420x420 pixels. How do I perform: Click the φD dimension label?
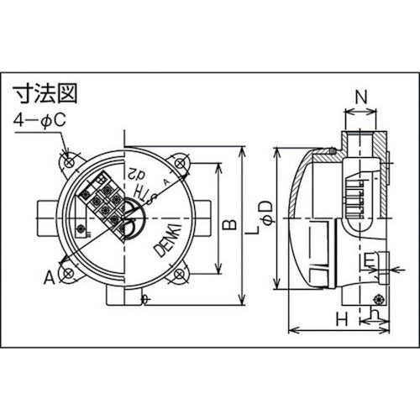point(265,207)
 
